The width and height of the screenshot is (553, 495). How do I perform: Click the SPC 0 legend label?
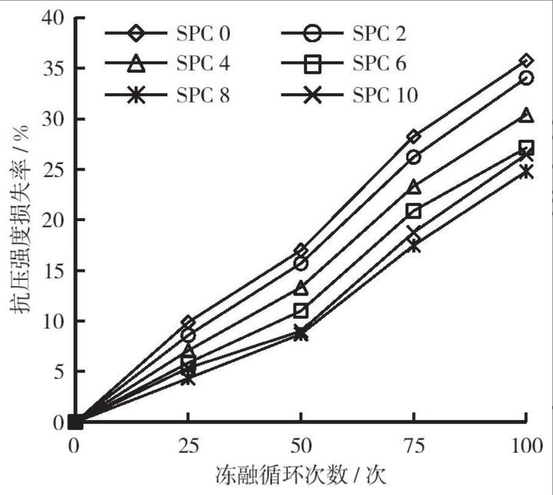pyautogui.click(x=203, y=32)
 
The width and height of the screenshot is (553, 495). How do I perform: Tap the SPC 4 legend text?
pyautogui.click(x=203, y=63)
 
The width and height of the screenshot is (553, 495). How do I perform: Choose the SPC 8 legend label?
pyautogui.click(x=203, y=94)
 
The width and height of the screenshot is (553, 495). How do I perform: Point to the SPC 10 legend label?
pyautogui.click(x=385, y=94)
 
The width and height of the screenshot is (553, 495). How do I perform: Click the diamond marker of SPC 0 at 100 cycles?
pyautogui.click(x=526, y=60)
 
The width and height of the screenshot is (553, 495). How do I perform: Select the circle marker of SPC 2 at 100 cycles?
pyautogui.click(x=526, y=77)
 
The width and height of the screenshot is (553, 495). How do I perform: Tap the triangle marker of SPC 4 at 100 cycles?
pyautogui.click(x=526, y=115)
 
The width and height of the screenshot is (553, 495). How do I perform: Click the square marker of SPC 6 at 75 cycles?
pyautogui.click(x=414, y=211)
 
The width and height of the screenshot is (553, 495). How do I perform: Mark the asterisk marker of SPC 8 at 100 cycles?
pyautogui.click(x=526, y=172)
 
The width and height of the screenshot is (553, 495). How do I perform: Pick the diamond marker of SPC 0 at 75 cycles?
pyautogui.click(x=414, y=136)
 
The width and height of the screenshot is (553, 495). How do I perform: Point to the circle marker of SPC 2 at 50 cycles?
pyautogui.click(x=301, y=263)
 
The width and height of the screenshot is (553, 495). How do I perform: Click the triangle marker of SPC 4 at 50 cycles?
pyautogui.click(x=301, y=288)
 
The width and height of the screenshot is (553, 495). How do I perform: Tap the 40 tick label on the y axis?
pyautogui.click(x=52, y=18)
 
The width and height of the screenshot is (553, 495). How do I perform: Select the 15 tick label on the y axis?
pyautogui.click(x=52, y=270)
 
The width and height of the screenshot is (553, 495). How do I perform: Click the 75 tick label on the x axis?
pyautogui.click(x=414, y=446)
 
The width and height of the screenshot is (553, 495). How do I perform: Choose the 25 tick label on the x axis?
pyautogui.click(x=189, y=446)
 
